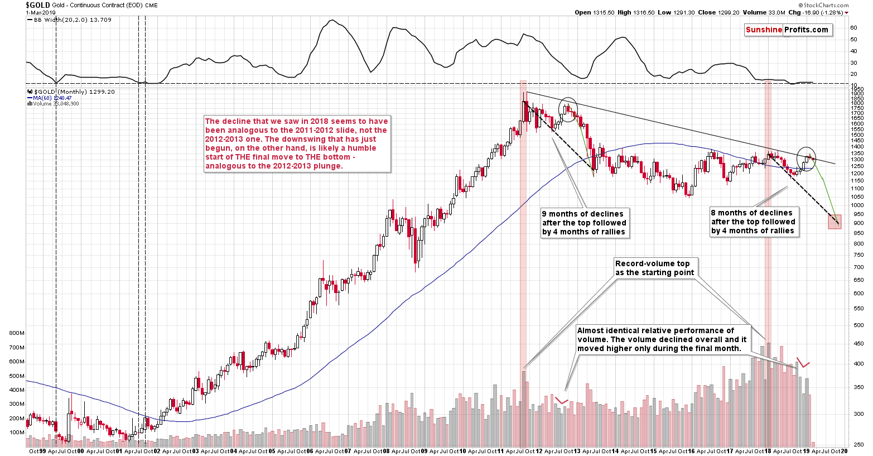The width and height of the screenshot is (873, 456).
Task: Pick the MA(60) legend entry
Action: click(49, 98)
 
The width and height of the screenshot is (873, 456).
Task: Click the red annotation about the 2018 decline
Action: click(297, 143)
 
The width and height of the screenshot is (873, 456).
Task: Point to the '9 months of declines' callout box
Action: click(584, 223)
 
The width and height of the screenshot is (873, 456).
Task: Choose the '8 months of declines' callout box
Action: click(753, 222)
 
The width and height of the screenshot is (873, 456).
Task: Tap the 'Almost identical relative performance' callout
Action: click(662, 339)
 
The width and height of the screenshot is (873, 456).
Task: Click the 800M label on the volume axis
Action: click(17, 333)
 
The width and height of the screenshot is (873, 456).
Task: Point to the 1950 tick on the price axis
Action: click(857, 89)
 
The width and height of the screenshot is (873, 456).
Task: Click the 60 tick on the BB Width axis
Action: click(853, 27)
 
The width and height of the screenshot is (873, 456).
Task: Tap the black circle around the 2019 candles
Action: click(806, 159)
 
